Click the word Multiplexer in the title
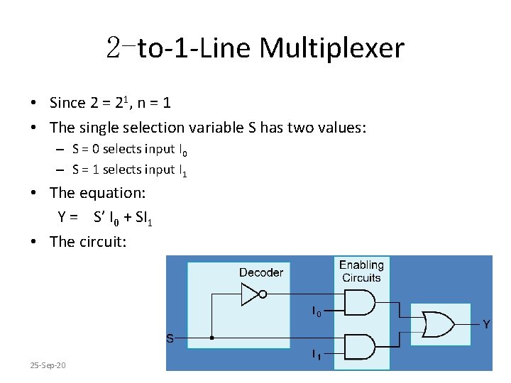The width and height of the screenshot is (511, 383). tap(331, 48)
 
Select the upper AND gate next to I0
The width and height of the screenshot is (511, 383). tap(358, 303)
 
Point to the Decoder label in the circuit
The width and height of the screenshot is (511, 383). tap(261, 272)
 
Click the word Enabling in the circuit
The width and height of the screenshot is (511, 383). tap(361, 265)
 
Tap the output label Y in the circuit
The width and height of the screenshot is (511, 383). tap(486, 324)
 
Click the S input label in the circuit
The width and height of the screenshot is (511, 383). tap(170, 338)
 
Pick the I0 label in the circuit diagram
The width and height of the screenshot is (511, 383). tap(317, 311)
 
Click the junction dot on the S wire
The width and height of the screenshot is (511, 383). tap(211, 338)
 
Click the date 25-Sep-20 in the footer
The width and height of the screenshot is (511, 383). tap(48, 365)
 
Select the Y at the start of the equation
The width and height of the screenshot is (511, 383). tap(62, 218)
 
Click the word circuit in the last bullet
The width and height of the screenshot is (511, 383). tap(100, 242)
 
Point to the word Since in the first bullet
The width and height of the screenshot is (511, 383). tap(67, 103)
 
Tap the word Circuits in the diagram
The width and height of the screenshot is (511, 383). tap(361, 277)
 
